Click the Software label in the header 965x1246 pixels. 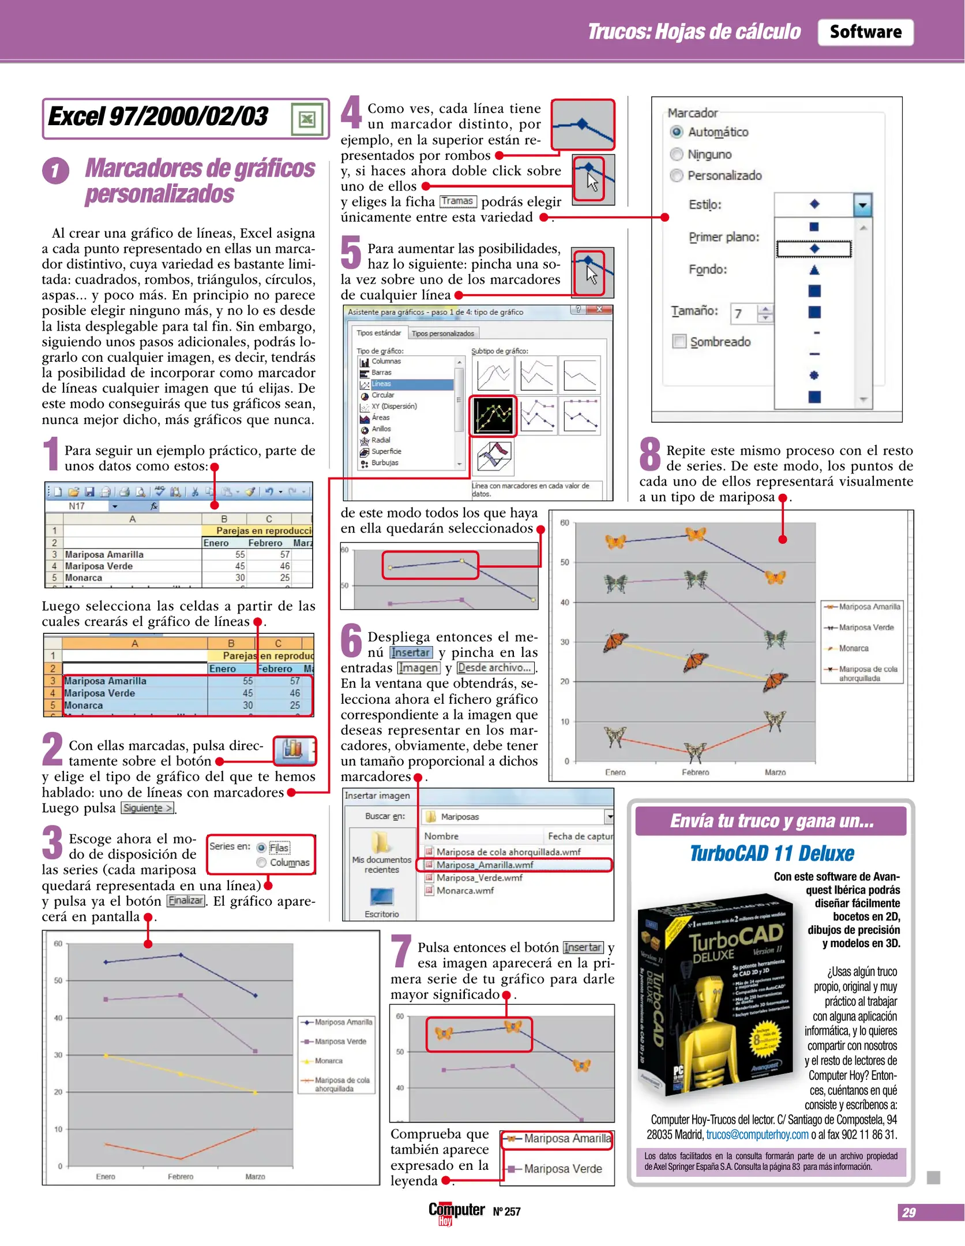point(865,32)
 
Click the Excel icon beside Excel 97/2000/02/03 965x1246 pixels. point(306,119)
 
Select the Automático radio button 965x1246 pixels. point(677,132)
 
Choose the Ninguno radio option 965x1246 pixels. point(677,155)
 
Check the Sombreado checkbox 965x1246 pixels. point(679,341)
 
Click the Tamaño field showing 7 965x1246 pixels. point(744,314)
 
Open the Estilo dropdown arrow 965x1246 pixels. point(862,205)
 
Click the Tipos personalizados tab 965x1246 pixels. point(442,333)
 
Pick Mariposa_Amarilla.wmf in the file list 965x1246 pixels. point(485,865)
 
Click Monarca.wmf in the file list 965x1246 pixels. point(465,891)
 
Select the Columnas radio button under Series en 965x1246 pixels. point(261,862)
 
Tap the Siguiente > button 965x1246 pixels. point(148,808)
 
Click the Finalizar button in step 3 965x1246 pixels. point(186,901)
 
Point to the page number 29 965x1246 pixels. point(908,1213)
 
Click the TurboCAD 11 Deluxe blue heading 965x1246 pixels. point(772,854)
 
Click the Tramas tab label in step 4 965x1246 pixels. point(458,201)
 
